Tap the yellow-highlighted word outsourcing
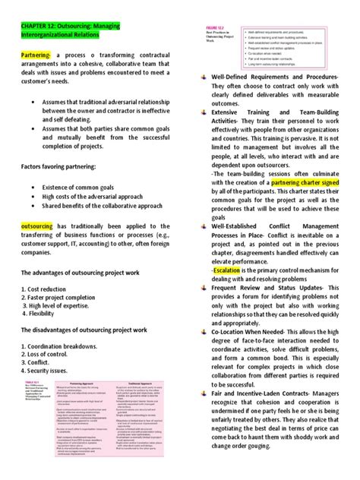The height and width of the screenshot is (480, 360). point(29,226)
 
